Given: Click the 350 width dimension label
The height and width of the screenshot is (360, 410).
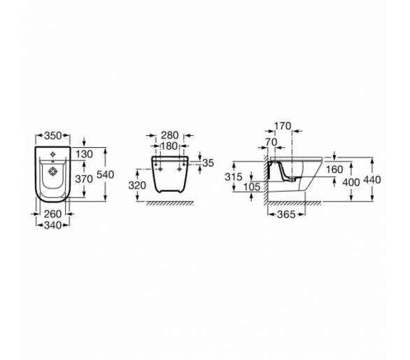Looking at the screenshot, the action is click(x=52, y=136).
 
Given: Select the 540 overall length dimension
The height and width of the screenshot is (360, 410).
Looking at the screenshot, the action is click(x=106, y=174).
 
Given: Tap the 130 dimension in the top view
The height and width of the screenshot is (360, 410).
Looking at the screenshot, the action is click(x=84, y=154).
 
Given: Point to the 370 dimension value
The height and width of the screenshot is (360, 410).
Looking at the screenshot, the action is click(x=84, y=179).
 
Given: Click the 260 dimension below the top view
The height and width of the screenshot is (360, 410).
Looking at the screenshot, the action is click(x=52, y=214).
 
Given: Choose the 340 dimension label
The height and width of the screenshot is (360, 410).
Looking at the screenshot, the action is click(x=52, y=225).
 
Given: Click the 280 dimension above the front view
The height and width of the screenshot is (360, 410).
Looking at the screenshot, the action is click(x=170, y=135).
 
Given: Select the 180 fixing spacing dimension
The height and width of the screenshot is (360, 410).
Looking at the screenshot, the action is click(x=169, y=146).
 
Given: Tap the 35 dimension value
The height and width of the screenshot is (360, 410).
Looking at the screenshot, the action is click(x=208, y=163).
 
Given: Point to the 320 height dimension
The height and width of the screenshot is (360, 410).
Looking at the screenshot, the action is click(x=137, y=186).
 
